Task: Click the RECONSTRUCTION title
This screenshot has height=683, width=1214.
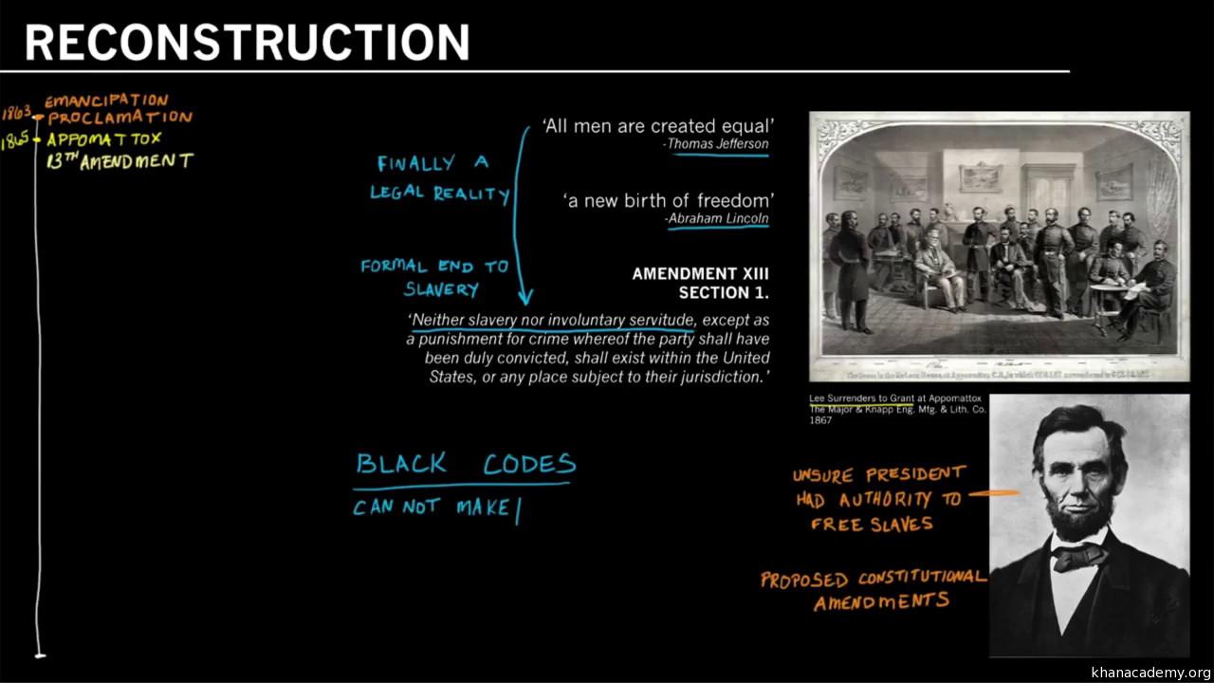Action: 247,42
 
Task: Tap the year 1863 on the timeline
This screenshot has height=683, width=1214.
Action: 16,113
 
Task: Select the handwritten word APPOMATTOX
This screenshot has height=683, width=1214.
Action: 104,139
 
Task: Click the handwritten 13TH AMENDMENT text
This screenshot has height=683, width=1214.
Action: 120,161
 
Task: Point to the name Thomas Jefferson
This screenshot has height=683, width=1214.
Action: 718,144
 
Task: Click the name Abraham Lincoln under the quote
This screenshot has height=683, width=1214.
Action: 718,218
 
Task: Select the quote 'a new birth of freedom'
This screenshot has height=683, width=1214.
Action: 668,200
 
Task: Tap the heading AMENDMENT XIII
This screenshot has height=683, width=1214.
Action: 700,274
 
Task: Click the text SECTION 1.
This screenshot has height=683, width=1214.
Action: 723,293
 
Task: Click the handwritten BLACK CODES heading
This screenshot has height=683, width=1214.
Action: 465,464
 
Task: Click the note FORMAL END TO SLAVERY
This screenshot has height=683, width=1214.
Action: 434,278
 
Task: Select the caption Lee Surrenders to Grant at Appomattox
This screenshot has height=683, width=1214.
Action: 894,398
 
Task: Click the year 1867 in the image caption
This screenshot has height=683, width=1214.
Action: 820,420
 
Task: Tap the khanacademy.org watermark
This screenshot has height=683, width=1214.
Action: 1150,673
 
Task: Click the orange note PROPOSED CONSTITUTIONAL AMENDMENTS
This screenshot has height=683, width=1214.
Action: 873,589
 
